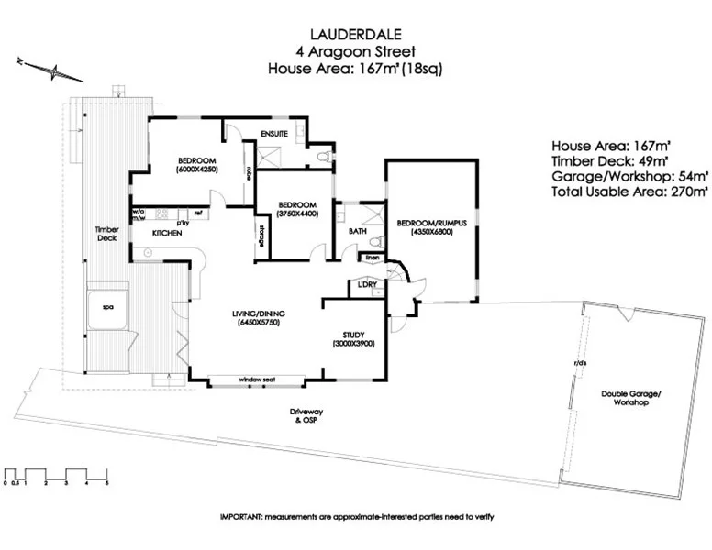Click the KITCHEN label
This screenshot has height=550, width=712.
tap(154, 234)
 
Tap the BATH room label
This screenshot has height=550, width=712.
tap(357, 230)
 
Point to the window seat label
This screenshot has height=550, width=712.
tap(258, 379)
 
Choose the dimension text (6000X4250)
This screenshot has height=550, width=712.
tap(197, 170)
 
